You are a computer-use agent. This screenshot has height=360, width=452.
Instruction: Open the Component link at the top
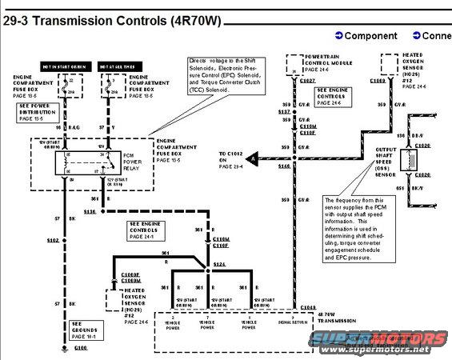point(366,36)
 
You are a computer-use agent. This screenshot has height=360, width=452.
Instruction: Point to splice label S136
point(88,211)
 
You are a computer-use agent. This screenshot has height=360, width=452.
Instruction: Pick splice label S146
point(283,166)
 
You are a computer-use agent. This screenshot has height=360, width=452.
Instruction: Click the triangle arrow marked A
point(251,160)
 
